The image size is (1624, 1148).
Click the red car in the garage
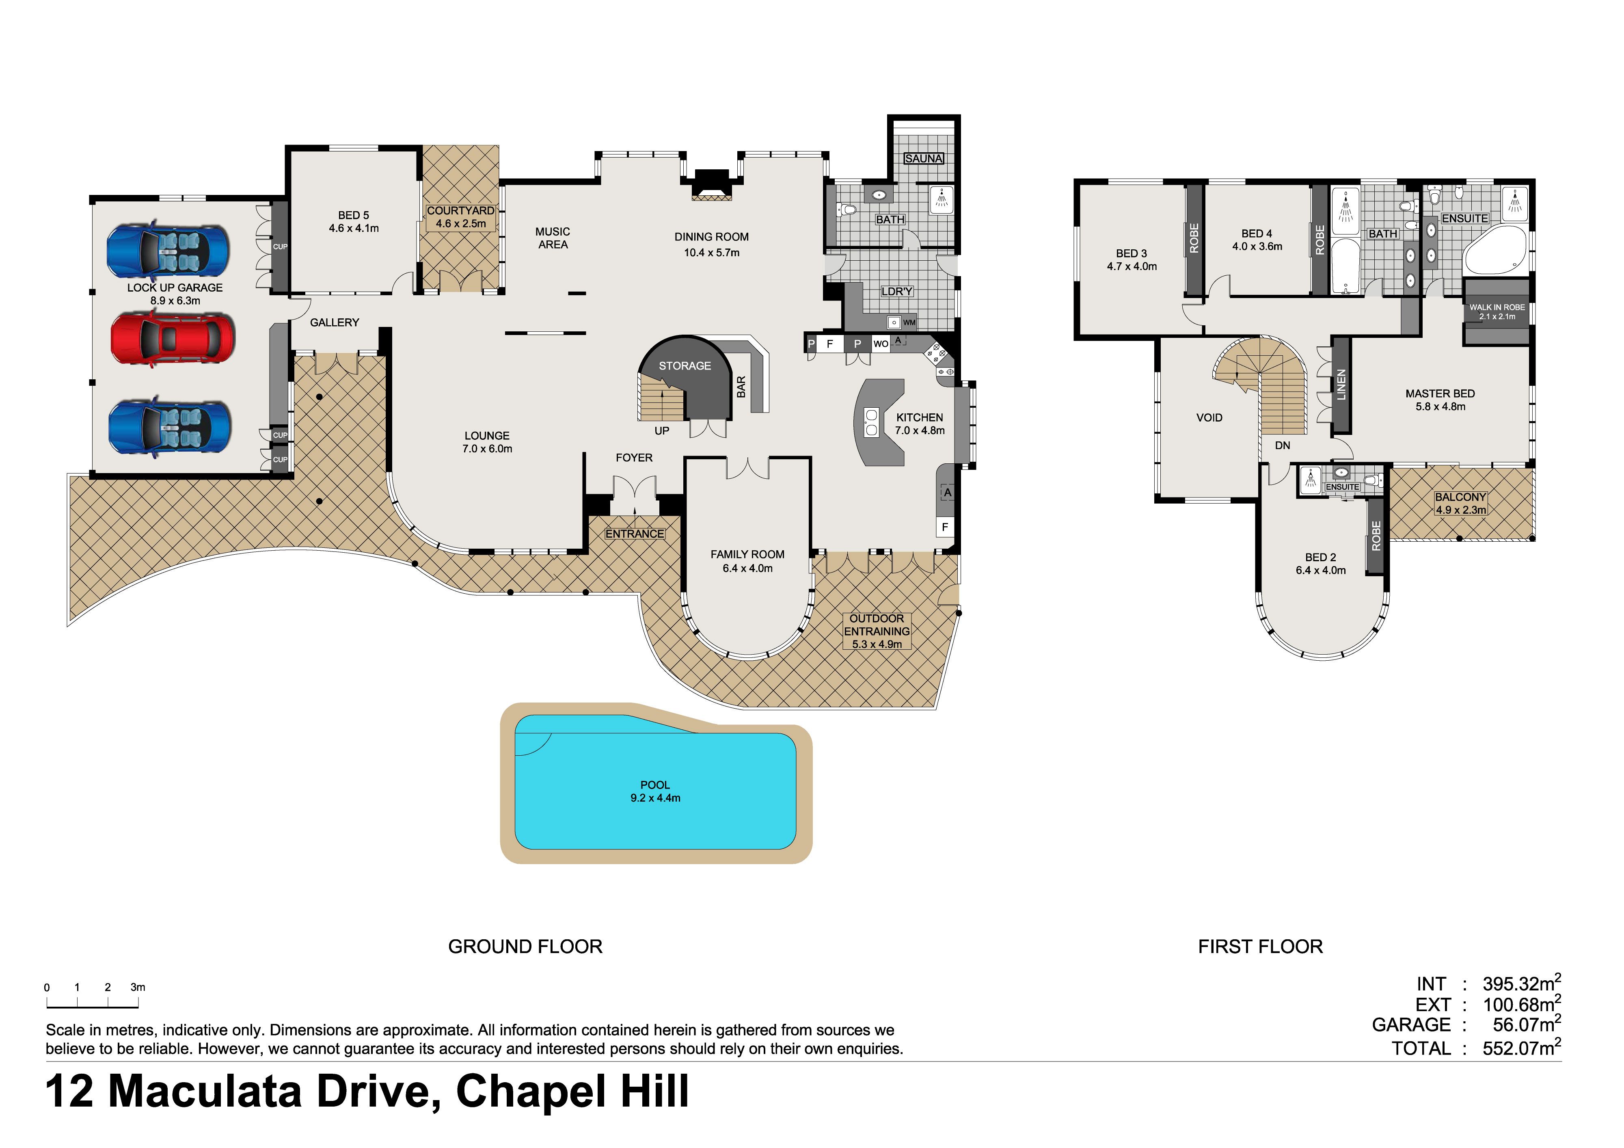173,338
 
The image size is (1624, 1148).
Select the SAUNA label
924,158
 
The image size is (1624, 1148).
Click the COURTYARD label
460,211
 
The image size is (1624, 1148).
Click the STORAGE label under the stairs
685,366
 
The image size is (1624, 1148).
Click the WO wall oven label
881,344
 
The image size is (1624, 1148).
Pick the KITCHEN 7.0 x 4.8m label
920,424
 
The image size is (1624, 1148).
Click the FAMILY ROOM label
747,555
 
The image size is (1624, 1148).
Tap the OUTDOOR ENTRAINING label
877,625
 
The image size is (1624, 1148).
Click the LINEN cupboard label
1341,385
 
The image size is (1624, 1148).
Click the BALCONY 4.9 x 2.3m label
1461,503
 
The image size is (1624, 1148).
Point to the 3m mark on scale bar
138,988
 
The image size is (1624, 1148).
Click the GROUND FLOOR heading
525,947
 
